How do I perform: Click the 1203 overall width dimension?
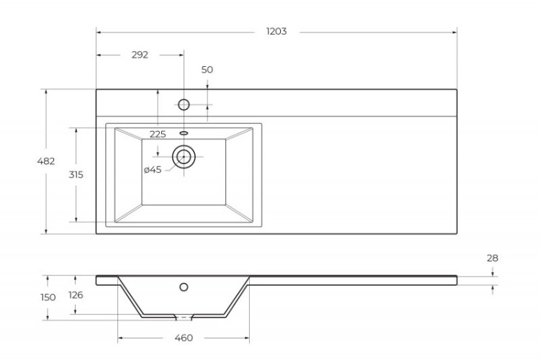[x=276, y=32]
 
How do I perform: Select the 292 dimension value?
[x=140, y=55]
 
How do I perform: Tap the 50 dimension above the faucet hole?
[x=207, y=70]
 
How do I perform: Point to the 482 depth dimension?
[x=46, y=161]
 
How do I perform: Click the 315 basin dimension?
[x=76, y=175]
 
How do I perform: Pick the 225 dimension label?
[x=157, y=134]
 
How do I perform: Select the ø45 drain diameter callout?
[x=152, y=170]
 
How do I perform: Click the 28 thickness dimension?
[x=492, y=258]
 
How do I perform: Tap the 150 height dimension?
[x=48, y=297]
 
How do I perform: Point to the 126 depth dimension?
[x=76, y=295]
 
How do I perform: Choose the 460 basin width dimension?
[x=184, y=338]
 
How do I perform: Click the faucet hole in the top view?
[x=184, y=104]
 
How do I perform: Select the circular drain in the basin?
[x=184, y=156]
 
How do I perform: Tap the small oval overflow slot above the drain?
[x=184, y=133]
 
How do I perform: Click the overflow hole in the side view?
[x=184, y=287]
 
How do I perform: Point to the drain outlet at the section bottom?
[x=184, y=317]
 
